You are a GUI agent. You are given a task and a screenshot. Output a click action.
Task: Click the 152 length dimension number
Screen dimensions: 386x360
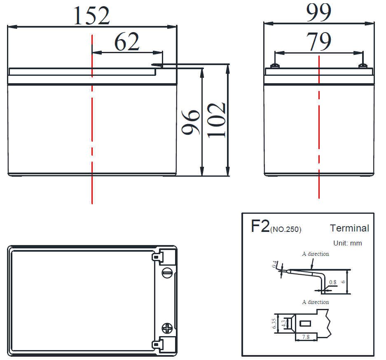point(91,16)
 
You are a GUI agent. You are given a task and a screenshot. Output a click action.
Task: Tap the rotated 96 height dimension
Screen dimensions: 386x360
point(191,122)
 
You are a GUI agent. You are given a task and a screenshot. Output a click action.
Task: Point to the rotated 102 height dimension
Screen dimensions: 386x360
point(216,120)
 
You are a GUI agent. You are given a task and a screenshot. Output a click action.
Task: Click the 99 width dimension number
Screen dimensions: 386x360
point(318,12)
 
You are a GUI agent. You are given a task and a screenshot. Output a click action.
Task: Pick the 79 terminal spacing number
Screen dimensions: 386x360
point(318,41)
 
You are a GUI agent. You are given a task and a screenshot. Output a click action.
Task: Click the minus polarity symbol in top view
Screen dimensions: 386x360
point(167,272)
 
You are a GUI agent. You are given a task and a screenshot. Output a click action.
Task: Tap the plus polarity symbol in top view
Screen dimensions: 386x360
point(167,328)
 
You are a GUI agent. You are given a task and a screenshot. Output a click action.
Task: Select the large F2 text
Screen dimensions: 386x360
point(260,226)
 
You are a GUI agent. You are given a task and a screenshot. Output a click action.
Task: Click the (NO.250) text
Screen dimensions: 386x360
point(285,229)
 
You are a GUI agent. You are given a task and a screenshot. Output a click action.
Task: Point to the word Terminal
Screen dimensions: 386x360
point(350,228)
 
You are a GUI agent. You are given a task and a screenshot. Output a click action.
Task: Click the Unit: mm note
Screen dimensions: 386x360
point(348,243)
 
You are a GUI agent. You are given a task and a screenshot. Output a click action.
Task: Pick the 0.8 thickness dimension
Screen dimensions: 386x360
point(332,282)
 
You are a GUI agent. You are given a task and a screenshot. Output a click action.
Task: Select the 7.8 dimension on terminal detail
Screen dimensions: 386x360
point(306,337)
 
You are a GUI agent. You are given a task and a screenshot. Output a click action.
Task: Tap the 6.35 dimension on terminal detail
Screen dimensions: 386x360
point(274,323)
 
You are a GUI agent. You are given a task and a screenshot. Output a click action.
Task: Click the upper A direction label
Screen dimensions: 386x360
point(315,254)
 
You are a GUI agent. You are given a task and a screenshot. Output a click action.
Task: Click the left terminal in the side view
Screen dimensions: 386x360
point(275,66)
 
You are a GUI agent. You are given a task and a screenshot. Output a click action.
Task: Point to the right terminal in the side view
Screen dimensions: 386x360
point(363,66)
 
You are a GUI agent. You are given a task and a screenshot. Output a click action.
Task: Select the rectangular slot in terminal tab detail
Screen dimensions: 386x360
point(305,323)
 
